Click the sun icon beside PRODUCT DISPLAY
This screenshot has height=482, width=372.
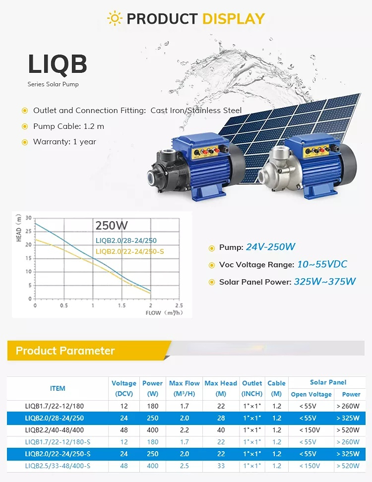pyautogui.click(x=115, y=19)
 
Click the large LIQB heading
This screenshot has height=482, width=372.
pyautogui.click(x=58, y=64)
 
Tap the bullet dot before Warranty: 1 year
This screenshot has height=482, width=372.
pyautogui.click(x=25, y=142)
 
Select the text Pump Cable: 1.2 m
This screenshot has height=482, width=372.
pyautogui.click(x=68, y=126)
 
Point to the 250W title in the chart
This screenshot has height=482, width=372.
pyautogui.click(x=112, y=225)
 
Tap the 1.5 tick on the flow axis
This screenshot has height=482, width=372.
pyautogui.click(x=122, y=305)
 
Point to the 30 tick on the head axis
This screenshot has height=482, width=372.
pyautogui.click(x=28, y=218)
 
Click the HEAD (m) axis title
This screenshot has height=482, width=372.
pyautogui.click(x=19, y=228)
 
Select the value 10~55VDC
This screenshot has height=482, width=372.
pyautogui.click(x=322, y=264)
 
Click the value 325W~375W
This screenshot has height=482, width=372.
pyautogui.click(x=324, y=282)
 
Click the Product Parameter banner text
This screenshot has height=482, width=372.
pyautogui.click(x=65, y=351)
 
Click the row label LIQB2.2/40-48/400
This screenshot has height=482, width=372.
pyautogui.click(x=58, y=430)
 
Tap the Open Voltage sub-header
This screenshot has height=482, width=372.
pyautogui.click(x=311, y=394)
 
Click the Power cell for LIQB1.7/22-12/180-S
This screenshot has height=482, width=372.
pyautogui.click(x=152, y=442)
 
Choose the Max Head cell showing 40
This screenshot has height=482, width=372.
pyautogui.click(x=221, y=430)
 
